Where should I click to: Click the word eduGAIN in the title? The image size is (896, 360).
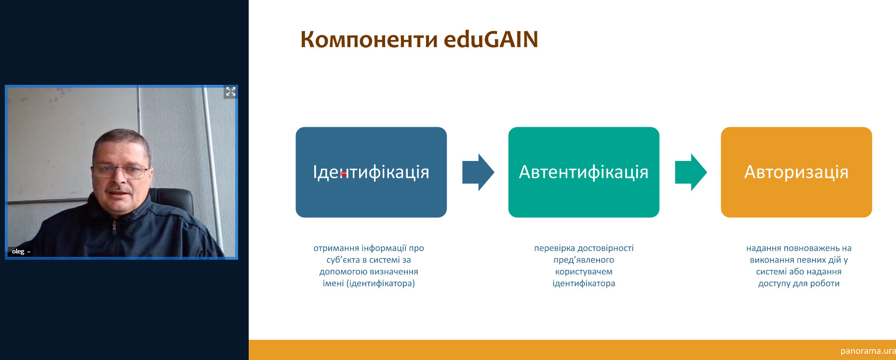tap(491, 39)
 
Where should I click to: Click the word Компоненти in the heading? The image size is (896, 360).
tap(369, 40)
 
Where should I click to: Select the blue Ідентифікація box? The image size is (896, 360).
tap(371, 172)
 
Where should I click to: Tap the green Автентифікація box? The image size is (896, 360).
tap(584, 172)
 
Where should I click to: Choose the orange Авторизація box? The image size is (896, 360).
tap(796, 172)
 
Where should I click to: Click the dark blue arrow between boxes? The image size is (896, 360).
tap(478, 172)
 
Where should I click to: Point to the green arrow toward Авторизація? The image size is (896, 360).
tap(691, 172)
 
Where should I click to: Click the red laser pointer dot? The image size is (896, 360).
tap(344, 174)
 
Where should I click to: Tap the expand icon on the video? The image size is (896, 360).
tap(231, 92)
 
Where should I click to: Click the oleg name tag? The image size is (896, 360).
tap(20, 252)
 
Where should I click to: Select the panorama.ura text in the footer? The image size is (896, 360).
tap(868, 351)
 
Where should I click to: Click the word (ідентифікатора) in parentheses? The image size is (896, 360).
tap(381, 283)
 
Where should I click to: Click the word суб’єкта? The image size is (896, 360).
tap(343, 260)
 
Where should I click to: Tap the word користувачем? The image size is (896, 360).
tap(584, 272)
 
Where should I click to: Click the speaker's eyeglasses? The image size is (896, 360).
tap(120, 170)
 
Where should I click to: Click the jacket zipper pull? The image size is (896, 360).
tap(114, 227)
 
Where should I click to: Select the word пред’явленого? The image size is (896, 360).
tap(584, 260)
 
